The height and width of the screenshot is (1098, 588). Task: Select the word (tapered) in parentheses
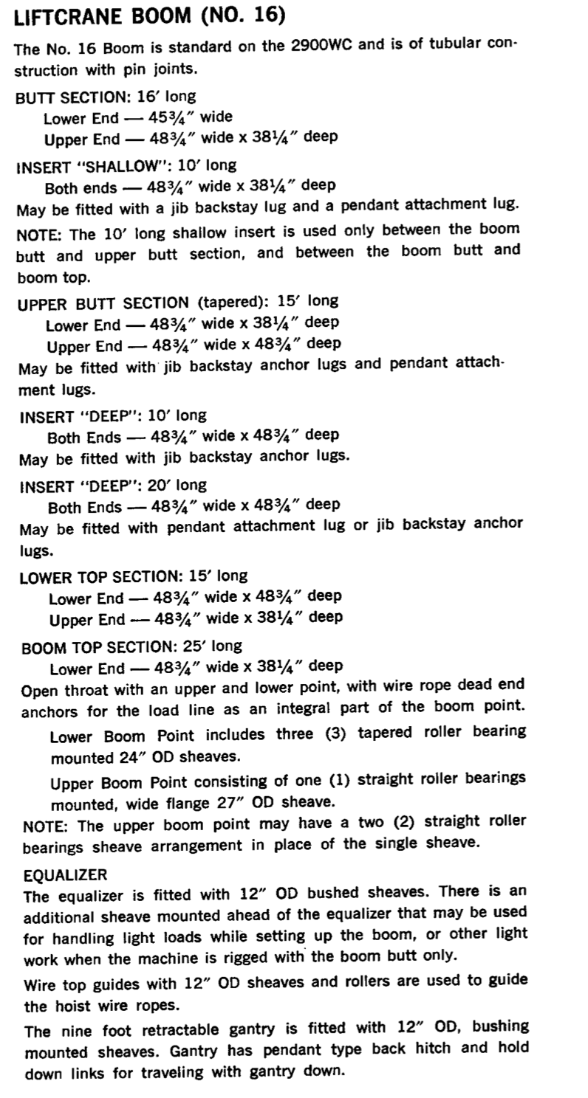[x=232, y=302]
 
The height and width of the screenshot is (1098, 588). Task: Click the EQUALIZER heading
[x=65, y=874]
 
